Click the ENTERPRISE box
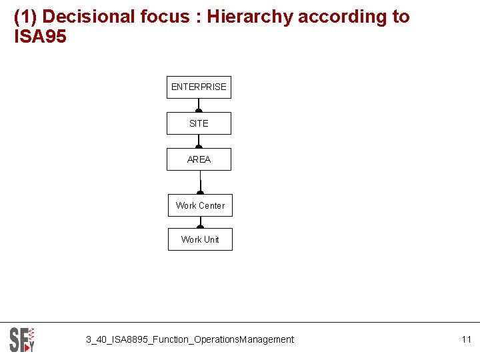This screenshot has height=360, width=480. [x=199, y=87]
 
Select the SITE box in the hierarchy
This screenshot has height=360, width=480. [x=199, y=123]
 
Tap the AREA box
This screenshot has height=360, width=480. [x=199, y=159]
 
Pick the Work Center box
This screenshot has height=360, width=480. [x=200, y=205]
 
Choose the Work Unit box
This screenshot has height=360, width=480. [x=200, y=239]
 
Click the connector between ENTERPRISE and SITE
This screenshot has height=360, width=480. [x=199, y=105]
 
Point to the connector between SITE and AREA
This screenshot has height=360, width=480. [x=199, y=141]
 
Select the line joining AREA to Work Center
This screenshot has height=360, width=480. [x=200, y=183]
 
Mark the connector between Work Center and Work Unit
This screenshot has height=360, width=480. [x=200, y=223]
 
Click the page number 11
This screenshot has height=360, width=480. [x=466, y=339]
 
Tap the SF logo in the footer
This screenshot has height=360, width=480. [x=22, y=339]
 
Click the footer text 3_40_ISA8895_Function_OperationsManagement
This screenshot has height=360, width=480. [x=189, y=339]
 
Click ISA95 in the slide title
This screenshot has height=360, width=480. [x=41, y=37]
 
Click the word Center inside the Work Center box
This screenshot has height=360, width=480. [x=213, y=205]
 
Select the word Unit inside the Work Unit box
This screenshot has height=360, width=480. [x=211, y=239]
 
